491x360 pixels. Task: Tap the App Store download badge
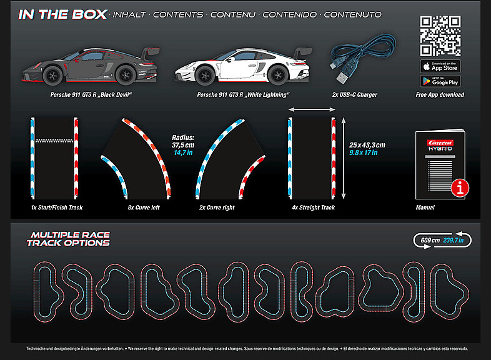pos(440,66)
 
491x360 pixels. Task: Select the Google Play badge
pos(440,81)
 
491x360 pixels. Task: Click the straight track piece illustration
pos(312,156)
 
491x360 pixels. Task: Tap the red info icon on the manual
pos(460,186)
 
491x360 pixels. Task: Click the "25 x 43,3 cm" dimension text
pos(367,144)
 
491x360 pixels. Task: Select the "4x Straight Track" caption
pos(313,207)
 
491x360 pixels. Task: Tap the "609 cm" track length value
pos(430,239)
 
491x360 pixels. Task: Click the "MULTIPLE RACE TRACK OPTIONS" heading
pos(69,239)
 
